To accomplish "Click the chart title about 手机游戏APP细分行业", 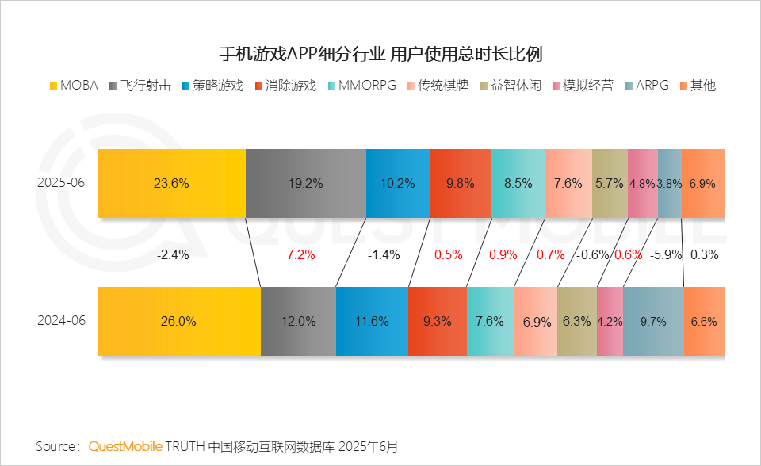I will (380, 54).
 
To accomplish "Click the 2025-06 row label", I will (61, 183).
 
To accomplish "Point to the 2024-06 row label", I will (61, 322).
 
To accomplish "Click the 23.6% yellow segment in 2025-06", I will (171, 183).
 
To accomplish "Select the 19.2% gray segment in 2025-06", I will (305, 183).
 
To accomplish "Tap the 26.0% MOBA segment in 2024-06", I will (179, 322).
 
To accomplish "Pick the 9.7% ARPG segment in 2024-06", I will (653, 322).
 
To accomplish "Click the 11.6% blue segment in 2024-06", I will (372, 322).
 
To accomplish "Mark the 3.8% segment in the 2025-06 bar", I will (669, 183).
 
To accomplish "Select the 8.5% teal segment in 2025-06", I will (518, 183).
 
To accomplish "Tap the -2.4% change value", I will (172, 255).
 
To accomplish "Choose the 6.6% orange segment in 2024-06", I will (704, 322).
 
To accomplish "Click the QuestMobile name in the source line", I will (125, 446).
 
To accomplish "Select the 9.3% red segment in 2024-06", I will (438, 322).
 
